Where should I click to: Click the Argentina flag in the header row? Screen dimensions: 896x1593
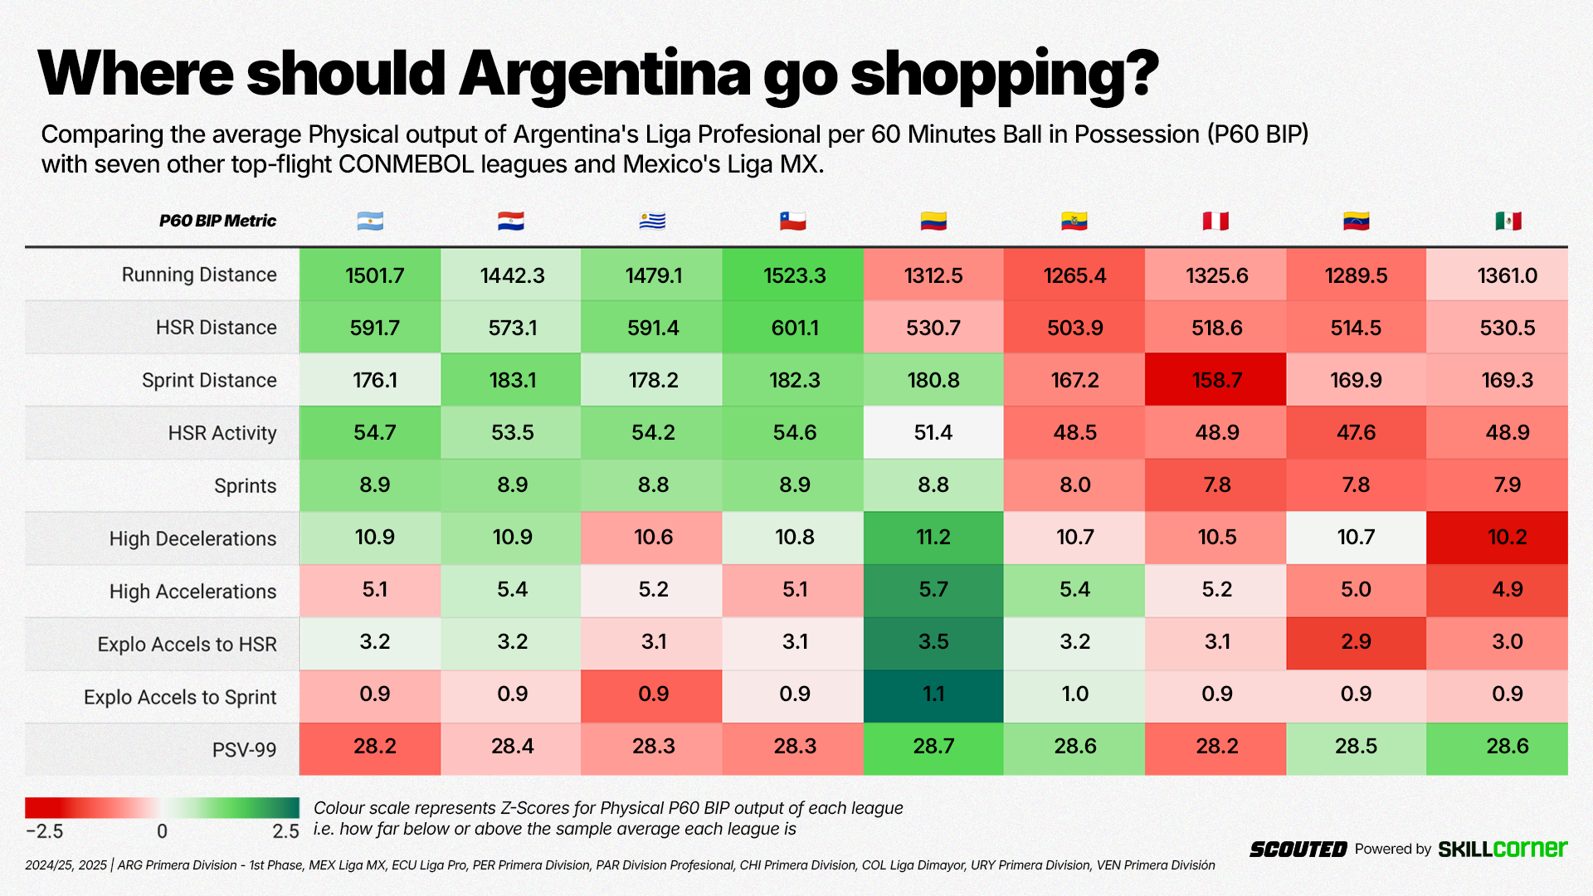(370, 222)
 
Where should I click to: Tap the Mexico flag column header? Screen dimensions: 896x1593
(1508, 222)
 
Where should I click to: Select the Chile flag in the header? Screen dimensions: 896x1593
(792, 222)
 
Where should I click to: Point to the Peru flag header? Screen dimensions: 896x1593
(1215, 222)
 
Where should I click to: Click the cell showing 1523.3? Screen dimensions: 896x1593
(794, 275)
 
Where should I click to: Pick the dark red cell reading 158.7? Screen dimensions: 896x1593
(1216, 380)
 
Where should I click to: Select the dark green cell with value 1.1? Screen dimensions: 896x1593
(933, 694)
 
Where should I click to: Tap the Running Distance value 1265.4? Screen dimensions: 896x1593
(1074, 275)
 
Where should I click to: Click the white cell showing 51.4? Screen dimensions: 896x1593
(933, 432)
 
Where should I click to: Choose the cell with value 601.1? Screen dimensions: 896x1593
(794, 328)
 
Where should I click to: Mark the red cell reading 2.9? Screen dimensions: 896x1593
(1356, 642)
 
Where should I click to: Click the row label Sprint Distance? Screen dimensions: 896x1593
(209, 380)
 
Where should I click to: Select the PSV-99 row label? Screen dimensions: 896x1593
(244, 750)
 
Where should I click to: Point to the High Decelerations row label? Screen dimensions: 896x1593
(192, 538)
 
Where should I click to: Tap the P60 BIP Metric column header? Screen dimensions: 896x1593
(217, 221)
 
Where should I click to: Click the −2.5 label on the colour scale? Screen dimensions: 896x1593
(45, 831)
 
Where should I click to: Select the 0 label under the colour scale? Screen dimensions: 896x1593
(163, 831)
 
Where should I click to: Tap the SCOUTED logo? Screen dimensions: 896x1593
(1298, 850)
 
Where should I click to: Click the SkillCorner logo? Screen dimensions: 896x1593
(1503, 849)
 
